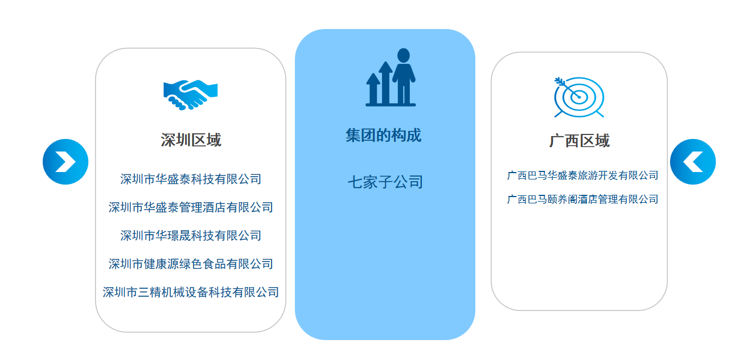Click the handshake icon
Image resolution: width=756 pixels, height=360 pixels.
(190, 95)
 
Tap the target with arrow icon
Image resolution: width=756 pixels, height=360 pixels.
(579, 97)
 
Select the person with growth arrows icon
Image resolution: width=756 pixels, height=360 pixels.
(391, 77)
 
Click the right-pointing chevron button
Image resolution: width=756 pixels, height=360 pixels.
(65, 162)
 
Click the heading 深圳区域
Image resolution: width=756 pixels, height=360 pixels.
(191, 140)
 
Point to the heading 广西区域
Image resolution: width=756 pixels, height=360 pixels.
(580, 141)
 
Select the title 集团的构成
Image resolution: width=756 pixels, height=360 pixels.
(384, 136)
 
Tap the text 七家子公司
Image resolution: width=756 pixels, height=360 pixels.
(385, 182)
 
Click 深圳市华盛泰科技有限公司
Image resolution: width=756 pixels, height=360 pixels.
(191, 179)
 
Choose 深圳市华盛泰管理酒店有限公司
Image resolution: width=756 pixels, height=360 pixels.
(191, 207)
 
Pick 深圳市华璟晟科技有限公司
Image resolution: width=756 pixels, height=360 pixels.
(191, 236)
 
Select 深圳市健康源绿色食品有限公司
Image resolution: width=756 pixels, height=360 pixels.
(191, 264)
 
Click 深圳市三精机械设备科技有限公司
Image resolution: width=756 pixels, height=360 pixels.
(191, 292)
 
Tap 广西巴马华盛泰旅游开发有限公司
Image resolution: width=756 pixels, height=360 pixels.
(583, 175)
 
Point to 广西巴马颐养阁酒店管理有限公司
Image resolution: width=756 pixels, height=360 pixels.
(583, 199)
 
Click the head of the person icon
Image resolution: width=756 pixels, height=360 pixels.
(403, 55)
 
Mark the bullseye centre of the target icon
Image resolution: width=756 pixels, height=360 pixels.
(579, 97)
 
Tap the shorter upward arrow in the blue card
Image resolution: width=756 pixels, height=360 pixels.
(373, 88)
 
